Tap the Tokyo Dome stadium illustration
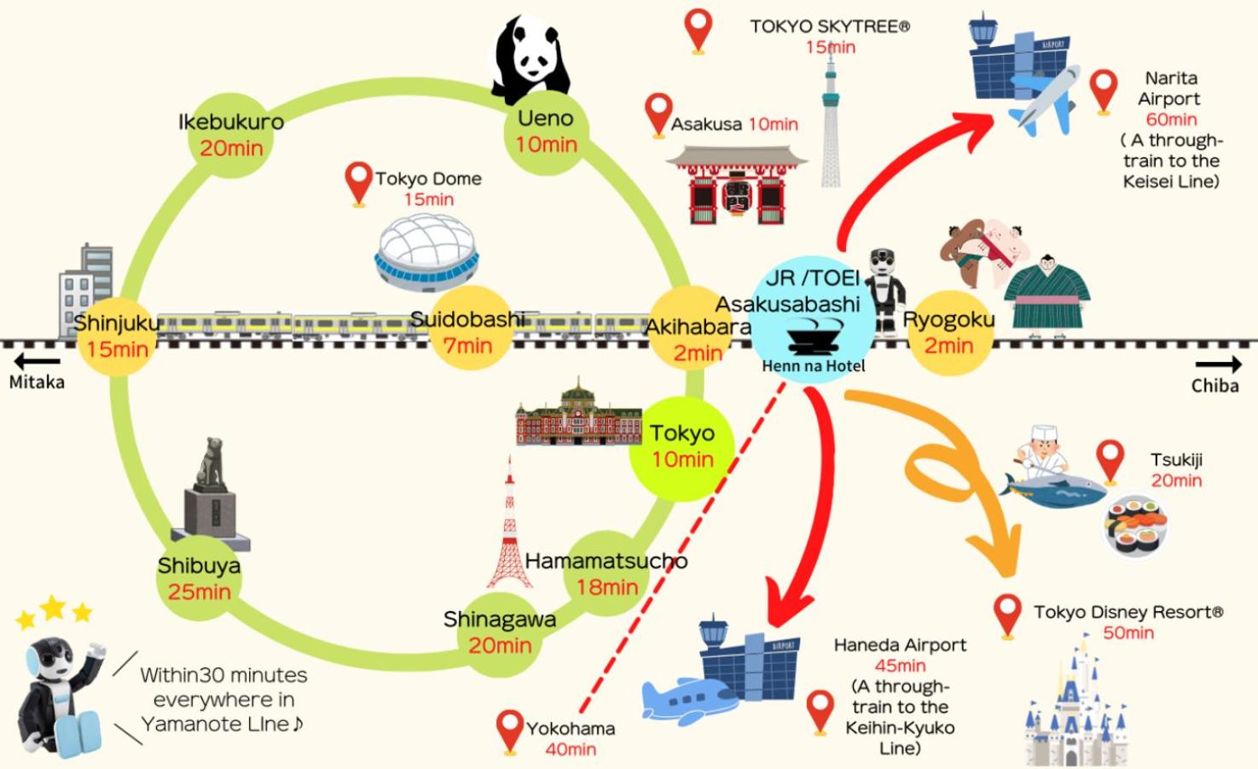pos(426,249)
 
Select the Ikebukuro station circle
pos(231,135)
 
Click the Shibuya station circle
pos(200,578)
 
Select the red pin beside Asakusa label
pos(658,114)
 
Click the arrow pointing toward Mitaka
pos(37,362)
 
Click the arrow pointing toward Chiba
pos(1218,365)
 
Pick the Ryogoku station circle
pos(948,332)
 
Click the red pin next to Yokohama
pos(510,731)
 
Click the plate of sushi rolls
pos(1137,527)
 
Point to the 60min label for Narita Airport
pos(1171,119)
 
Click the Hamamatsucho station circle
pos(606,574)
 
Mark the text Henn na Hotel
pos(813,366)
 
